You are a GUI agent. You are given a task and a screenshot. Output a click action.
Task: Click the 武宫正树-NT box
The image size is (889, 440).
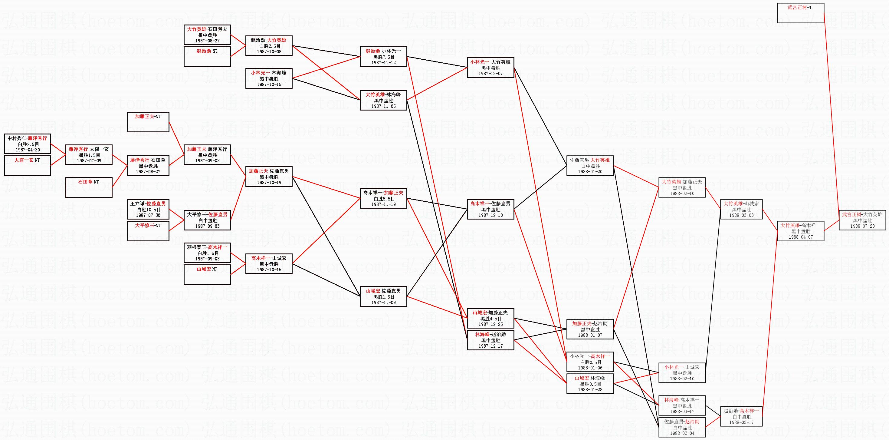tap(800, 13)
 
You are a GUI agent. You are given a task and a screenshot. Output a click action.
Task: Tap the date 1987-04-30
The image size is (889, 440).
tap(28, 150)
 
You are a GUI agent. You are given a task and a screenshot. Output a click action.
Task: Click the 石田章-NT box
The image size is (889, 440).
tap(89, 187)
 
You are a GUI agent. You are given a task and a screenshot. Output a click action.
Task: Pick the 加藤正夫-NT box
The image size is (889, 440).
tap(148, 122)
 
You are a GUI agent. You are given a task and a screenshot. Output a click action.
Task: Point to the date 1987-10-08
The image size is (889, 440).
tap(269, 52)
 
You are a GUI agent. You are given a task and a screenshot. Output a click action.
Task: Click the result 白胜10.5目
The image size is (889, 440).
tap(148, 210)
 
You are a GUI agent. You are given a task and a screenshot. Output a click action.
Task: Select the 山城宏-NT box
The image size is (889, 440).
tap(207, 275)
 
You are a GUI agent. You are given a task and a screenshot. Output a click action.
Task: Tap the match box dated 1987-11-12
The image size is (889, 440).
tap(383, 57)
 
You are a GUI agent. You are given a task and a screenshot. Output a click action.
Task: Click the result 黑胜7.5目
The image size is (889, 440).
tap(383, 57)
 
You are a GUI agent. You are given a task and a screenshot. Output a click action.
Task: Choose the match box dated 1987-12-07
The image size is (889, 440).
tap(490, 67)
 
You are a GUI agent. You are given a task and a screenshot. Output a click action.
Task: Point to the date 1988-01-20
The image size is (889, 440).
tap(590, 172)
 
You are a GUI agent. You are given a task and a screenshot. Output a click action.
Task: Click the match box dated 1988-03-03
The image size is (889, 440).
tap(741, 209)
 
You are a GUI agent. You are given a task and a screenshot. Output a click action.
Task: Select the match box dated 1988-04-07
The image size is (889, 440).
tap(800, 231)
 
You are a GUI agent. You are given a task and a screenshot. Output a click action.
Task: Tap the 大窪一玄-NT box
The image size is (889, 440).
tap(28, 165)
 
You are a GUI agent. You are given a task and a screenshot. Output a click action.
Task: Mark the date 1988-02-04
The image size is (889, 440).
tap(682, 433)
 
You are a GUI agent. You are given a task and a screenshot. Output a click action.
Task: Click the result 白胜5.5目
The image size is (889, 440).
tap(383, 199)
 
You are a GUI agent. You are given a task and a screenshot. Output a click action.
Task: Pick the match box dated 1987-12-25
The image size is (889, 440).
tap(490, 318)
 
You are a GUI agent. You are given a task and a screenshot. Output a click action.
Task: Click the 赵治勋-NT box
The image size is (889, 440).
tap(207, 57)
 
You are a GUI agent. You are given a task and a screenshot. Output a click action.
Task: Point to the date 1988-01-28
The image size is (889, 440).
tap(590, 389)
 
